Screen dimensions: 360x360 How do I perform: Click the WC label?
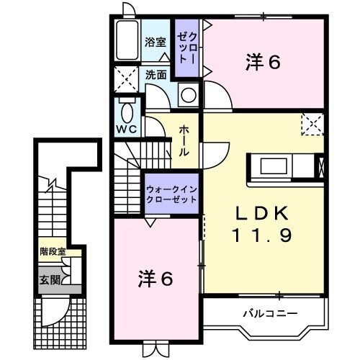[127, 130]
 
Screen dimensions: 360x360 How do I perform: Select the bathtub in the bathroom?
[127, 40]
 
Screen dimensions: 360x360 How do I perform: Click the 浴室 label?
[155, 42]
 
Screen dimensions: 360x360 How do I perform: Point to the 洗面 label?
[156, 75]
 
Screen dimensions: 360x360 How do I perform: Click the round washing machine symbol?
[189, 95]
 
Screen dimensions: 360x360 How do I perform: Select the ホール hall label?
[184, 141]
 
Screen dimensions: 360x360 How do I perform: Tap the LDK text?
[262, 213]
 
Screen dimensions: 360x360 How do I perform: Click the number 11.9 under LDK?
[262, 235]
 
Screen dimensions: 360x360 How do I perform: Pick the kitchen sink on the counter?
[274, 166]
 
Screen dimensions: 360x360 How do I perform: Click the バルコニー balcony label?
[270, 313]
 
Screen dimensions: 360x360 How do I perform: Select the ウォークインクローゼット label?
[171, 194]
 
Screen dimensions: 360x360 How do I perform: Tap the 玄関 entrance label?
[50, 280]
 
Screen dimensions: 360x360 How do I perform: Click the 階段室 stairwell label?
[53, 251]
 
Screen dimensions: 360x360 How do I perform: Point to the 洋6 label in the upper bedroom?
[263, 63]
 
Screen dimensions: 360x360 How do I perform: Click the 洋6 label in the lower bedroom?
[156, 279]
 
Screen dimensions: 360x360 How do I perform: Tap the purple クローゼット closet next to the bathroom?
[187, 48]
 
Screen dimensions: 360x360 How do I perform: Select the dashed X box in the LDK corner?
[312, 124]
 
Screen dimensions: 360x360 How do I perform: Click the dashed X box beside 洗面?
[126, 79]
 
